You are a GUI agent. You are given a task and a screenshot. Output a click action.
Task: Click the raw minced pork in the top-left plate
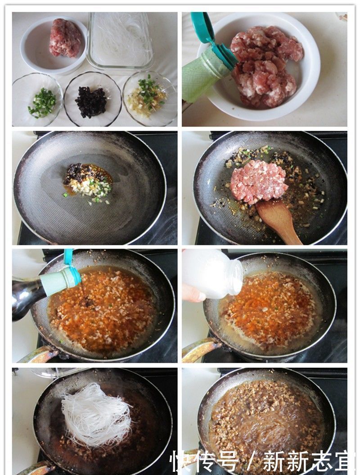pyautogui.click(x=66, y=38)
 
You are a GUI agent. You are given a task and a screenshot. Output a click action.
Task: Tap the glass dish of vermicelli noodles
pyautogui.click(x=120, y=40)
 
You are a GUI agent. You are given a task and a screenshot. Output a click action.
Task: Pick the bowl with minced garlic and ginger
pyautogui.click(x=148, y=97)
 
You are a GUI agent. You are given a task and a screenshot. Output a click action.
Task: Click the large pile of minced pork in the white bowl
pyautogui.click(x=265, y=65)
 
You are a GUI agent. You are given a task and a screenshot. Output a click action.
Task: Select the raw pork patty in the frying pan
pyautogui.click(x=258, y=181)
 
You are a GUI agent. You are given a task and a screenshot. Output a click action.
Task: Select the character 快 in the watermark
pyautogui.click(x=180, y=461)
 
